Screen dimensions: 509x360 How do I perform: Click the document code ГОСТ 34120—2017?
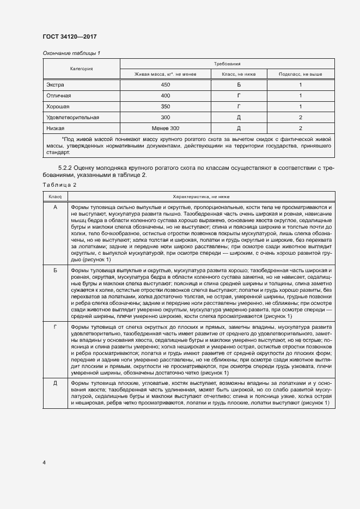pyautogui.click(x=69, y=36)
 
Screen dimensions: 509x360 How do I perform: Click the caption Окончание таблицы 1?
pyautogui.click(x=71, y=53)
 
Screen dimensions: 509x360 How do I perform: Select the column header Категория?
pyautogui.click(x=81, y=69)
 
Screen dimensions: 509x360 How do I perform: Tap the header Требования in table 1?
pyautogui.click(x=227, y=64)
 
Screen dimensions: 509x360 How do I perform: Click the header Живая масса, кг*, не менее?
pyautogui.click(x=165, y=74)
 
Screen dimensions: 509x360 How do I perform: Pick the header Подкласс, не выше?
pyautogui.click(x=300, y=74)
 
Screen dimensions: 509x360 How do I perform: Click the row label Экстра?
pyautogui.click(x=56, y=85)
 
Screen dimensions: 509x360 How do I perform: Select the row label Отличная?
pyautogui.click(x=59, y=96)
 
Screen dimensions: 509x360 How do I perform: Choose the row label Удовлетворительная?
pyautogui.click(x=72, y=117)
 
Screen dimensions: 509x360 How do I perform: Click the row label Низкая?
pyautogui.click(x=56, y=128)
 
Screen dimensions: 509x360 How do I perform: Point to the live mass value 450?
pyautogui.click(x=166, y=85)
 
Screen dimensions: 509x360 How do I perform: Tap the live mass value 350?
pyautogui.click(x=166, y=107)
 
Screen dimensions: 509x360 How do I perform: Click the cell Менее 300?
pyautogui.click(x=166, y=128)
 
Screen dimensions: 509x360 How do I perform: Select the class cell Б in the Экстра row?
pyautogui.click(x=239, y=85)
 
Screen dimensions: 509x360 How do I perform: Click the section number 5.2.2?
pyautogui.click(x=67, y=168)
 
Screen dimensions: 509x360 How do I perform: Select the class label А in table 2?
pyautogui.click(x=55, y=207)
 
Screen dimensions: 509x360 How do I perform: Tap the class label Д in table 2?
pyautogui.click(x=55, y=384)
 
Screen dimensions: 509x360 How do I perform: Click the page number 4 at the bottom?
pyautogui.click(x=44, y=462)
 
